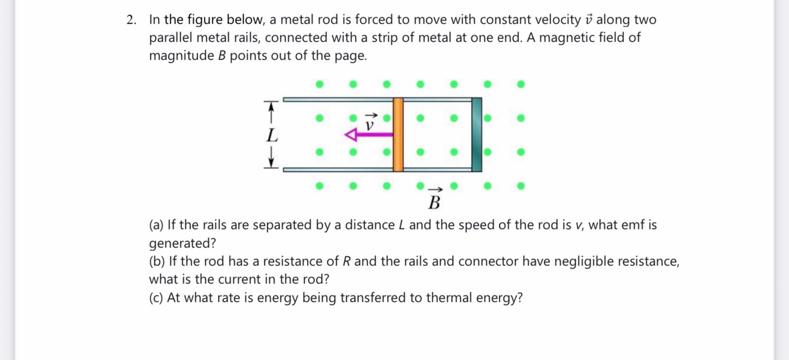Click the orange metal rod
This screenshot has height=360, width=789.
click(x=398, y=134)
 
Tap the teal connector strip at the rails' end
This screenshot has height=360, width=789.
click(x=477, y=134)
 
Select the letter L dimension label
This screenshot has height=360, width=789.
click(x=272, y=136)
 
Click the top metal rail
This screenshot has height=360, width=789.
click(x=338, y=99)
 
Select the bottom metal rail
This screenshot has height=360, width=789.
click(x=338, y=169)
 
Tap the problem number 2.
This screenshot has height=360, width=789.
click(x=131, y=20)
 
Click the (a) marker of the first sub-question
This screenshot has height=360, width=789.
click(x=156, y=225)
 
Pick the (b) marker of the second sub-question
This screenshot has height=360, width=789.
click(x=157, y=261)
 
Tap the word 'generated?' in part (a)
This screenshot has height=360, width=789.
click(x=183, y=243)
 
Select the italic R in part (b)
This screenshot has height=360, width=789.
click(x=347, y=261)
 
